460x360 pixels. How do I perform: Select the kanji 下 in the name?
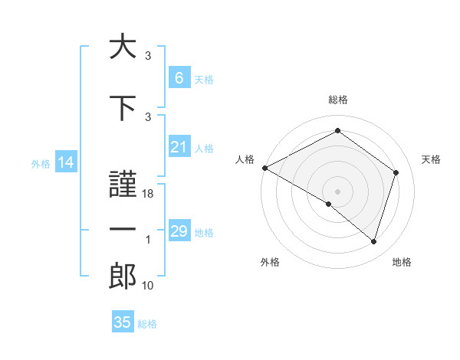point(122,106)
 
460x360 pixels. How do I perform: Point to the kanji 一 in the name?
point(122,231)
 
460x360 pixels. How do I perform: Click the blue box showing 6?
point(179,77)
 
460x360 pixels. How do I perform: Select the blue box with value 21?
point(179,147)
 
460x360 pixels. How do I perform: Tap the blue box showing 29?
point(179,231)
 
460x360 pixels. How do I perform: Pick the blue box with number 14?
point(65,162)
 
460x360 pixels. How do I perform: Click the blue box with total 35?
point(123,322)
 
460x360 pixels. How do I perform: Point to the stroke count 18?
point(149,194)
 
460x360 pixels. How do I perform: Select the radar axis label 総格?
point(337,100)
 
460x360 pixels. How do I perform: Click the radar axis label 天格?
point(431,159)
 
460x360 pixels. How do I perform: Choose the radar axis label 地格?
point(402,263)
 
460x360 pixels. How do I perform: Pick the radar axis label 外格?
point(270,263)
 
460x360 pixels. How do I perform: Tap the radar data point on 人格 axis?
point(264,168)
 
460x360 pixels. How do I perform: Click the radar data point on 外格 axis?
point(329,204)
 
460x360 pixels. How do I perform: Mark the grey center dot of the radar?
point(337,191)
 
